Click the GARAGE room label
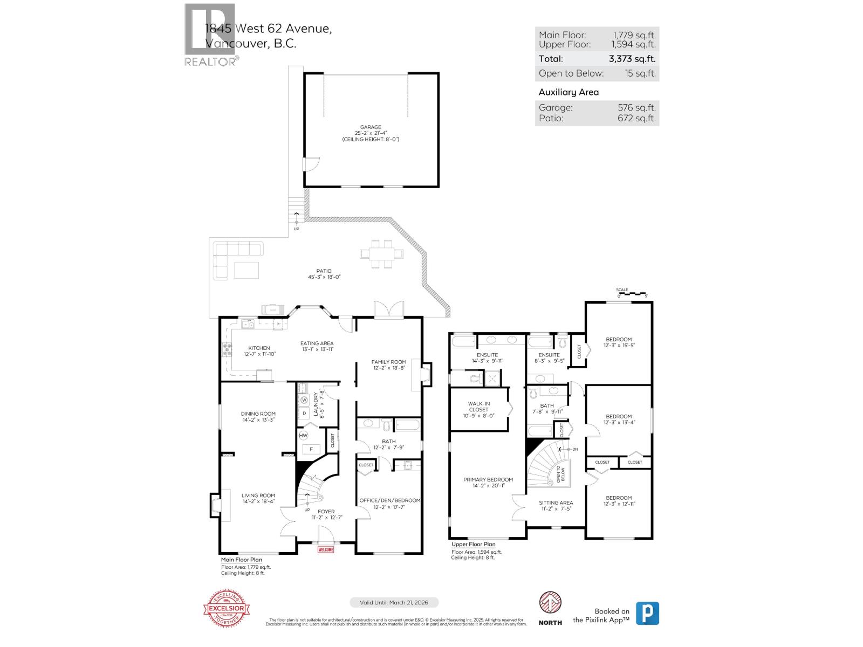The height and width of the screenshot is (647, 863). coord(371,127)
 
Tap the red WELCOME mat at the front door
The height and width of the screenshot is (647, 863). coord(326,549)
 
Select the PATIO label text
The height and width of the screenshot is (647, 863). coord(324,271)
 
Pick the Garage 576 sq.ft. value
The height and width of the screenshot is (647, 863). coord(636,107)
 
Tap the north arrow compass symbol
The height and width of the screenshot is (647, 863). coord(550,603)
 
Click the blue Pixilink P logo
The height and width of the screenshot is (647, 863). coord(647,613)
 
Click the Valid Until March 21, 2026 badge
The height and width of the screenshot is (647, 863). coord(394,602)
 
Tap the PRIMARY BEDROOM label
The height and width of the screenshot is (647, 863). coord(488,479)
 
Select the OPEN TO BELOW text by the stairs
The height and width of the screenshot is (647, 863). coord(561,473)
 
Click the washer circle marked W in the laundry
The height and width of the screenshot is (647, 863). coord(304,400)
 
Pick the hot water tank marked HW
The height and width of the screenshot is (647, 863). coord(303,435)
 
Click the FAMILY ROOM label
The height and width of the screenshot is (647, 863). coord(388,362)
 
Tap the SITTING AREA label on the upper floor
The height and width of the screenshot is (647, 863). coord(556,503)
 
